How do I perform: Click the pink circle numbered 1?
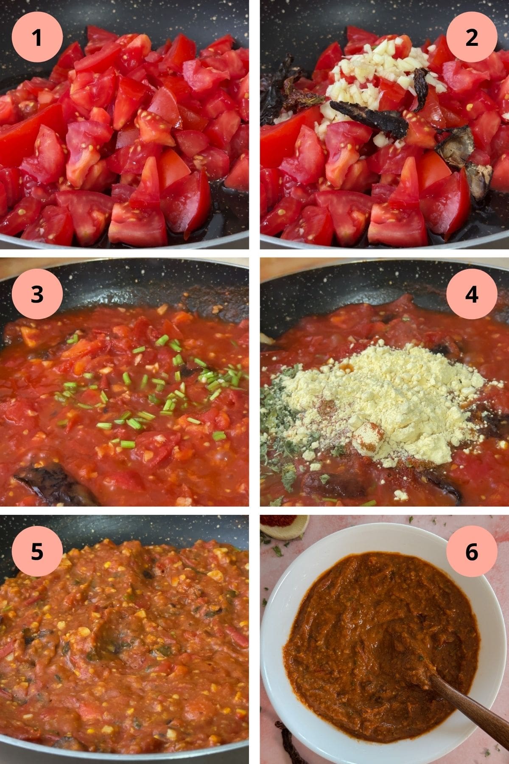point(37,37)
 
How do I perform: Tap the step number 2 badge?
point(472,37)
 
